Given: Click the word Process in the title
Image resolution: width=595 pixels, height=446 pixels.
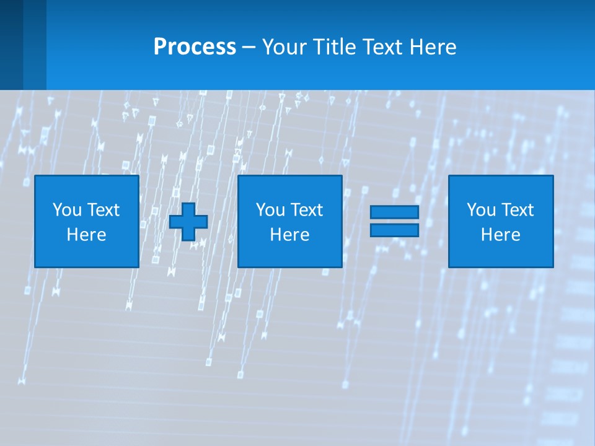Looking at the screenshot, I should click(195, 47).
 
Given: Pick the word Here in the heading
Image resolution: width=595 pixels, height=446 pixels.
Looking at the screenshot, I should click(433, 47).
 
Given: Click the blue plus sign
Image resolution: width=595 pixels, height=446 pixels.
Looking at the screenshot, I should click(188, 221).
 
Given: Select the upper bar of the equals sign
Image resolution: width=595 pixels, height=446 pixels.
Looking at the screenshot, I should click(394, 212).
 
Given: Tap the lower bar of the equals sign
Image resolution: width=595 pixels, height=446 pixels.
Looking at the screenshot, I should click(394, 230).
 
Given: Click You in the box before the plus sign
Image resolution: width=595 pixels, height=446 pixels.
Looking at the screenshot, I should click(67, 210).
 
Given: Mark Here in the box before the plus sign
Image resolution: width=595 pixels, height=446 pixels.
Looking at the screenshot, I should click(86, 235).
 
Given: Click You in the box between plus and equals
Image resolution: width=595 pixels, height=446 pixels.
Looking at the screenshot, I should click(270, 210).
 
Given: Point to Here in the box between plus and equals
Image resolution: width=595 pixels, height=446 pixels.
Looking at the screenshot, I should click(289, 235).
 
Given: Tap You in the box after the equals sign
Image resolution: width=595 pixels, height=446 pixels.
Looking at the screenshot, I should click(481, 210).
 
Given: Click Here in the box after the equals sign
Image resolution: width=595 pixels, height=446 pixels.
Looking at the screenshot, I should click(500, 235).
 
